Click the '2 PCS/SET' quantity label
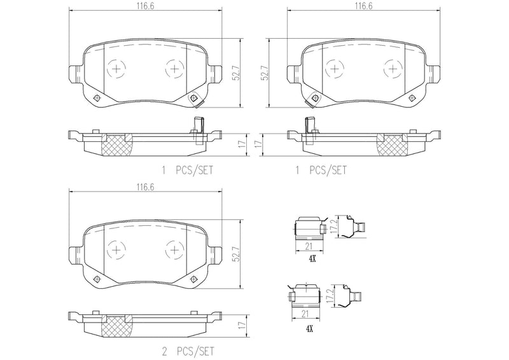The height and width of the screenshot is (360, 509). click(x=190, y=350)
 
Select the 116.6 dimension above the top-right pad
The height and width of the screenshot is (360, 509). click(x=363, y=5)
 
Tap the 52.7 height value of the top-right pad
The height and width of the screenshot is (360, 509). click(x=263, y=74)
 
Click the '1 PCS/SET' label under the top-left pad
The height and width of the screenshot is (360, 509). click(x=190, y=170)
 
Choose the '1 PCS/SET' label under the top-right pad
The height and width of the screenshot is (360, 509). click(x=321, y=170)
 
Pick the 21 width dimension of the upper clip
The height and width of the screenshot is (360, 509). click(x=307, y=246)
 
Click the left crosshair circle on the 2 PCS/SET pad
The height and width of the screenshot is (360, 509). click(x=117, y=249)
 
